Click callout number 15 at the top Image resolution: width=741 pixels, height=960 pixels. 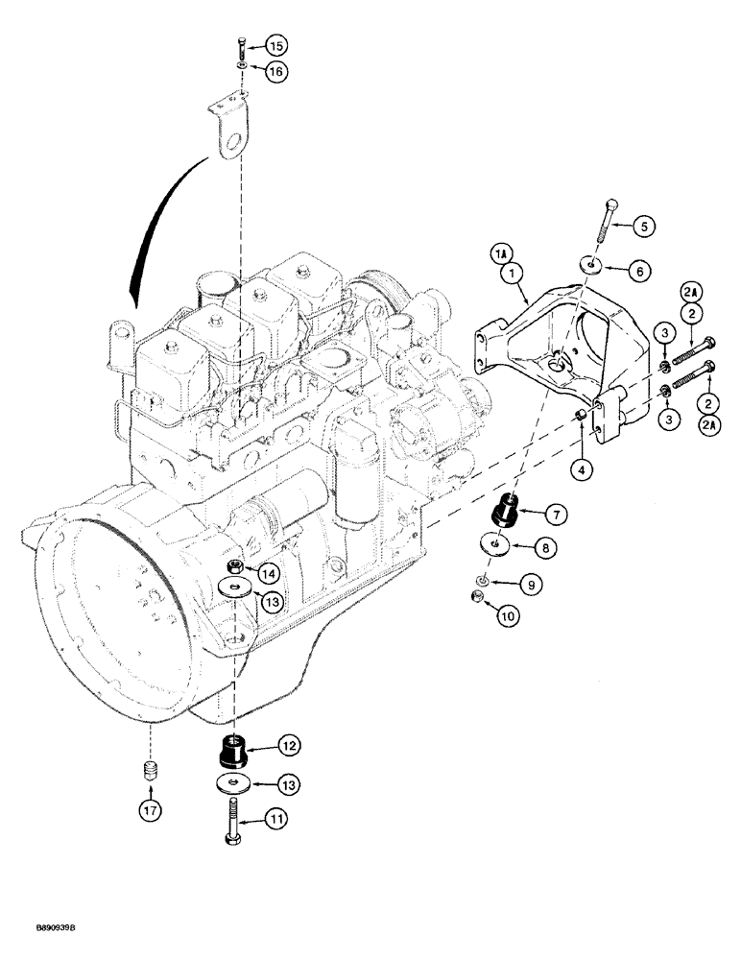point(275,46)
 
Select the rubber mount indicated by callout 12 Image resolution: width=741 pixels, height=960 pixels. point(235,749)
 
